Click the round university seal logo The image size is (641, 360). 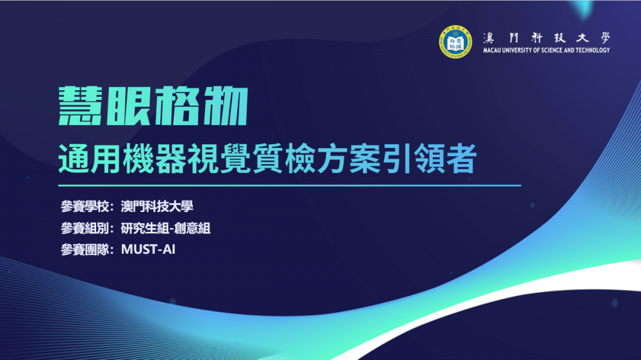coord(455,42)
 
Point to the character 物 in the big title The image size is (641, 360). coord(226,106)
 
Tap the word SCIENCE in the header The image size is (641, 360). coord(552,50)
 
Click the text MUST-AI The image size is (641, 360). coord(149,249)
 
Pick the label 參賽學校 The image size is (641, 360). coord(85,206)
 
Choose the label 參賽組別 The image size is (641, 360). coord(85,228)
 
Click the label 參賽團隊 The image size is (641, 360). coord(85,249)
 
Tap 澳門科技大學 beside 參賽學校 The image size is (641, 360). coord(157,206)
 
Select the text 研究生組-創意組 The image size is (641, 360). coord(165,228)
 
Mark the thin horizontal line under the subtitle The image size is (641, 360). coord(290,186)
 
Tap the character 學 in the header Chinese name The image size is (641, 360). coord(606,38)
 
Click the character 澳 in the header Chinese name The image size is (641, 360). coord(488,38)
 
